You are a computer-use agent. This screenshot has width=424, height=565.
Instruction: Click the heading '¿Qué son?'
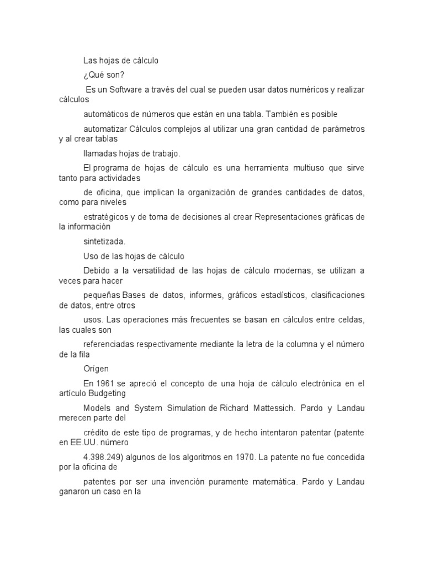coord(101,75)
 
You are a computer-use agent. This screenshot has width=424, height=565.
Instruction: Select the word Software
coord(125,89)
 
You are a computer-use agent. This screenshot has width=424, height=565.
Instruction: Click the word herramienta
coord(262,167)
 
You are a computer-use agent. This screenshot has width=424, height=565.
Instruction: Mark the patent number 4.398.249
coord(100,457)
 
